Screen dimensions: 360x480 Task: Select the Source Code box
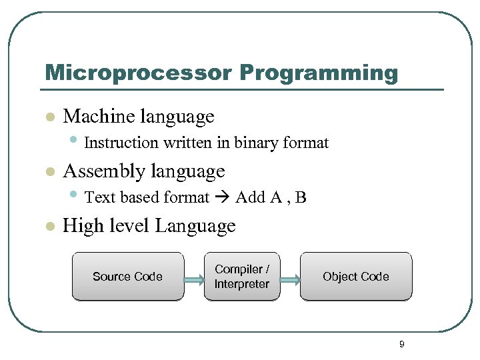tap(127, 277)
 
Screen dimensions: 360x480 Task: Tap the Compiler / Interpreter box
tap(242, 277)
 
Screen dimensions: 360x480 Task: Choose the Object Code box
tap(356, 277)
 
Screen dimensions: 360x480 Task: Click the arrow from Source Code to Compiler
tap(194, 277)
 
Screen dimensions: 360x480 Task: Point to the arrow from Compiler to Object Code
tap(290, 277)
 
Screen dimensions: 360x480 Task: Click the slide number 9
tap(401, 345)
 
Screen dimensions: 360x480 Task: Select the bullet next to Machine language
tap(48, 117)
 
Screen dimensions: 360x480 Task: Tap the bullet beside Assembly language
tap(48, 172)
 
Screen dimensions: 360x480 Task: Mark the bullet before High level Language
tap(48, 227)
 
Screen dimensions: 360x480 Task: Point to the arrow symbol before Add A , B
tap(223, 197)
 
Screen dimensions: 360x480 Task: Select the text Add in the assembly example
tap(250, 197)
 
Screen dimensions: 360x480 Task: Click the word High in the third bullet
tap(79, 226)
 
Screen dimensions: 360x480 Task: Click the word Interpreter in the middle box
tap(242, 284)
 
